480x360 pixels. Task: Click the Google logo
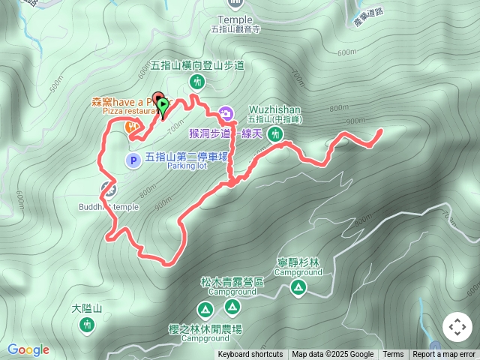pos(28,349)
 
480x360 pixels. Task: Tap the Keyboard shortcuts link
pos(250,355)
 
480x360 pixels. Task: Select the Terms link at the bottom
pos(393,355)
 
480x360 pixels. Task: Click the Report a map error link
pos(444,355)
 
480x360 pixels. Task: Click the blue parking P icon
pos(132,159)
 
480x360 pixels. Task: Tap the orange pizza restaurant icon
pos(132,127)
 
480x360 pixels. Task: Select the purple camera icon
pos(226,115)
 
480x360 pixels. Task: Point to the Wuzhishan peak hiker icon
pos(276,134)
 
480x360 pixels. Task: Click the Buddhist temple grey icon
pos(108,188)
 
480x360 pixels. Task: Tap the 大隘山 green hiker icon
pos(87,325)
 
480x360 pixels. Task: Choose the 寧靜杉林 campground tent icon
pos(298,288)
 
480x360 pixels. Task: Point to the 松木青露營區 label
pos(232,282)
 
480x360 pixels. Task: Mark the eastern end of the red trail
pos(380,131)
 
